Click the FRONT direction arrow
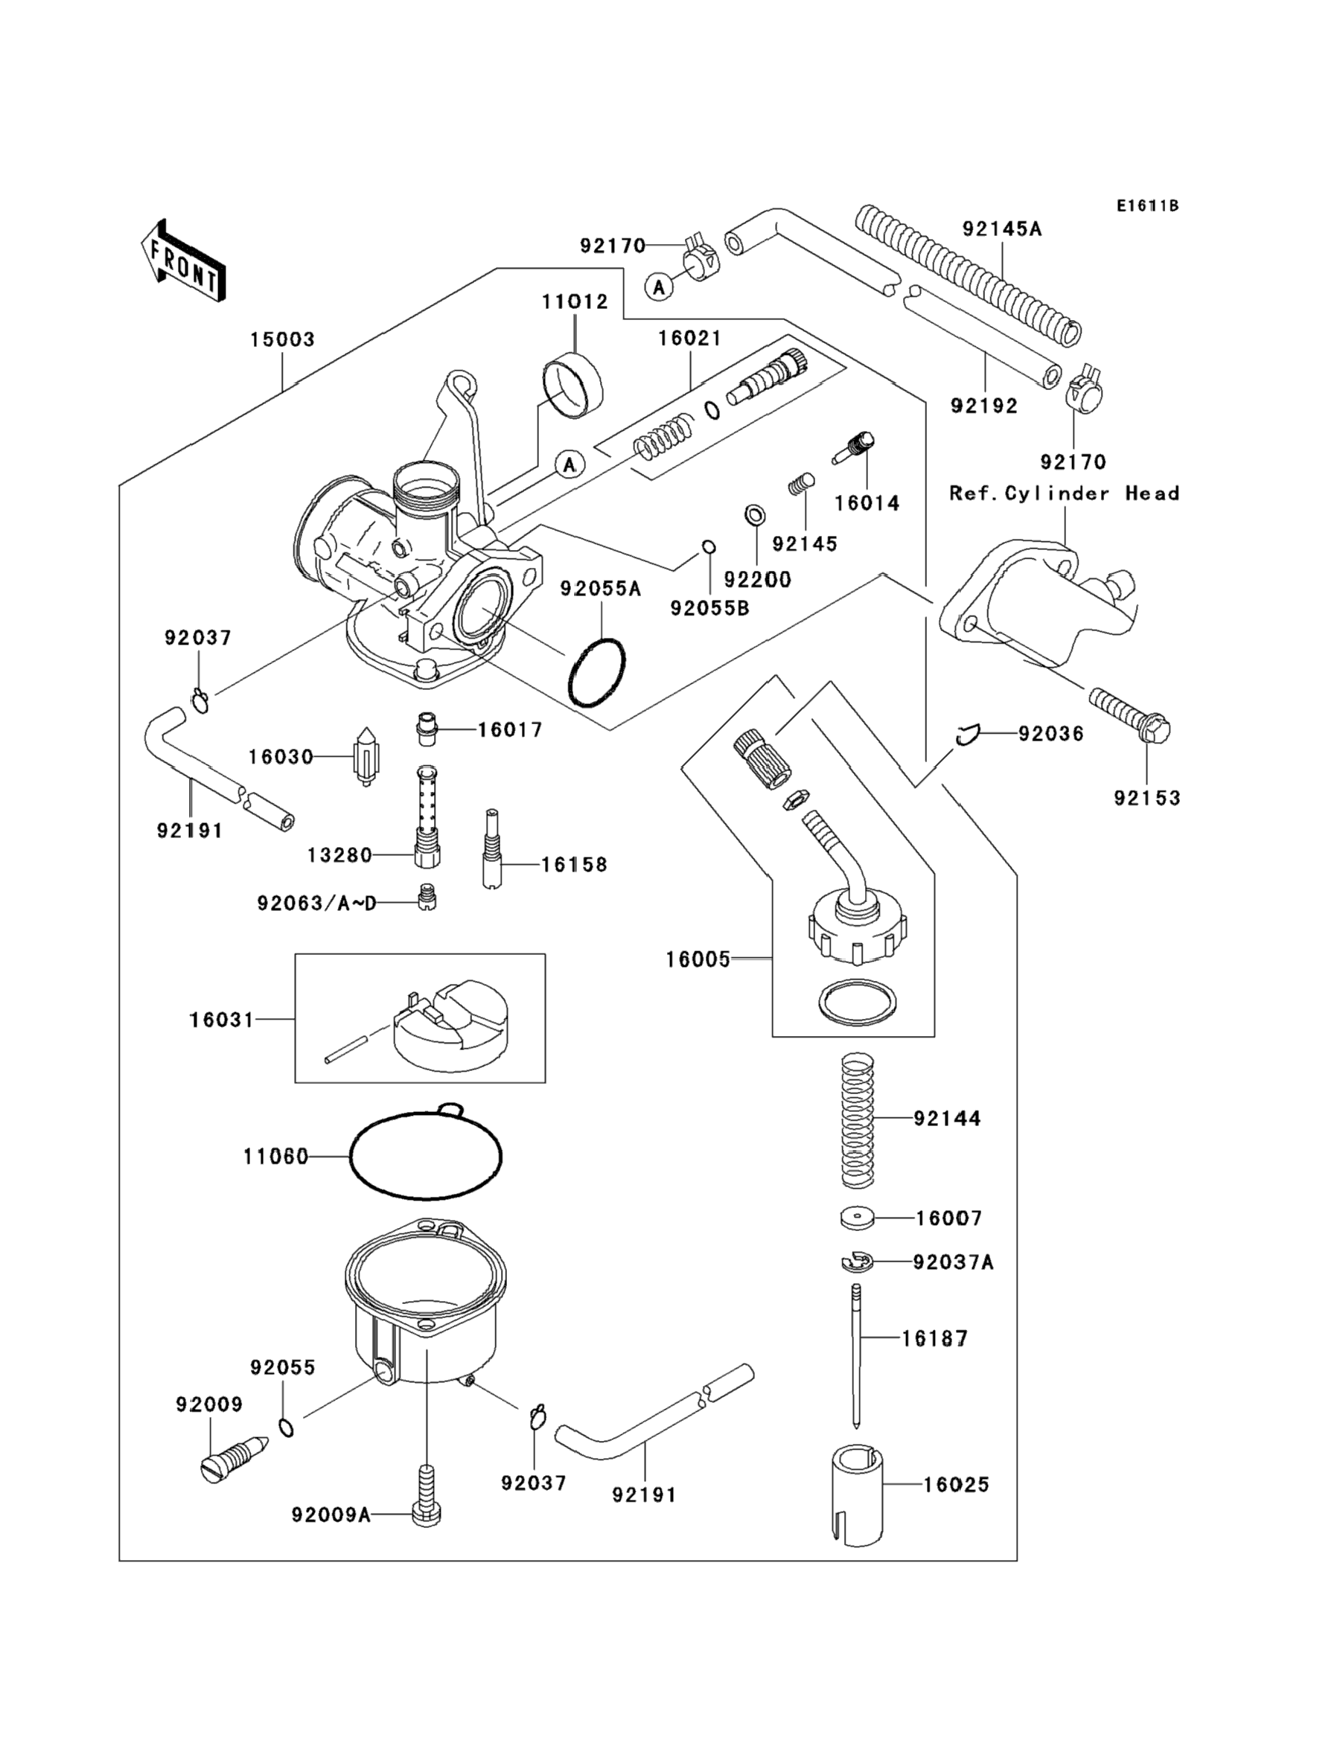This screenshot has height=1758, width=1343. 183,261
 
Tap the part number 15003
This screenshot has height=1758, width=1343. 282,339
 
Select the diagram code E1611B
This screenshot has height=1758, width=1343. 1147,206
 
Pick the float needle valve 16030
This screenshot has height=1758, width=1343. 366,756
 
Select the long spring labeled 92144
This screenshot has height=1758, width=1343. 858,1119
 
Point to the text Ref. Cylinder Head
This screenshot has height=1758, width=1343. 1064,494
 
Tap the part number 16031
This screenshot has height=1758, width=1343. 221,1020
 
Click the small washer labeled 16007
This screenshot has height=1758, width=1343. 857,1218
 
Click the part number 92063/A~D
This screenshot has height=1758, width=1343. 316,903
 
